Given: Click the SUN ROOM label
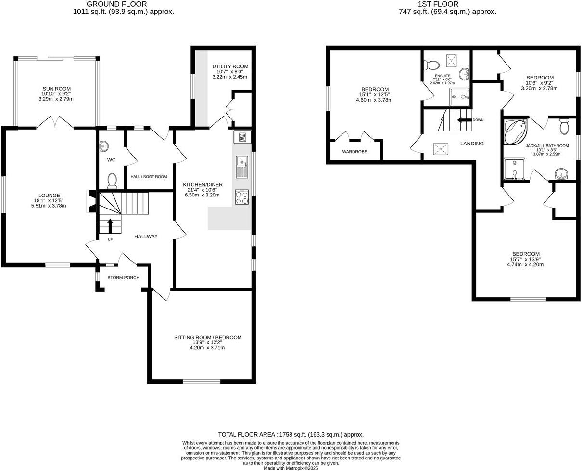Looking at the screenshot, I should click(57, 89).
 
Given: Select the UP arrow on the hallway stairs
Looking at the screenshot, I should click(110, 225).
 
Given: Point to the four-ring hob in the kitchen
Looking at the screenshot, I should click(241, 197).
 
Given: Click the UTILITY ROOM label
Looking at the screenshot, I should click(230, 66).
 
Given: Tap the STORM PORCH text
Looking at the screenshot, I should click(123, 278).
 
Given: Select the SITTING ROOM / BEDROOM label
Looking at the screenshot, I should click(207, 337).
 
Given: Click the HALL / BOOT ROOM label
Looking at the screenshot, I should click(149, 177).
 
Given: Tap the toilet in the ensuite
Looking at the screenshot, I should click(432, 65).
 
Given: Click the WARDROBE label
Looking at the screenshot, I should click(354, 152).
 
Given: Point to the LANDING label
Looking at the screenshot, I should click(472, 144).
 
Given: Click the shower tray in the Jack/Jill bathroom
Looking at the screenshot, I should click(515, 170).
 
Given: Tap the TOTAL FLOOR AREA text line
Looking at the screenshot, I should click(291, 434).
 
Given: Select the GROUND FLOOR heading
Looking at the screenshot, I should click(123, 4).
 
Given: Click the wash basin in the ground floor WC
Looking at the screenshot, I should click(103, 146).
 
